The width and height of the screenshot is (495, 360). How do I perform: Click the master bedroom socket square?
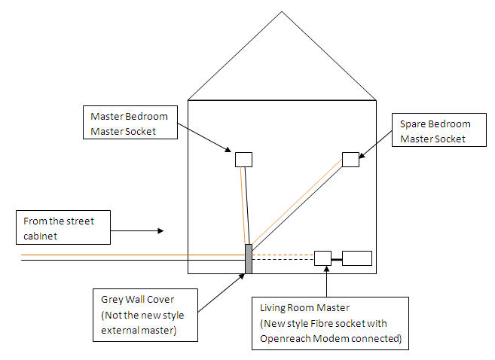pyautogui.click(x=243, y=159)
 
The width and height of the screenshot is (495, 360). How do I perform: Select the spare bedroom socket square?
pyautogui.click(x=350, y=159)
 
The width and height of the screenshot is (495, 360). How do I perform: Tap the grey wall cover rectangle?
pyautogui.click(x=248, y=258)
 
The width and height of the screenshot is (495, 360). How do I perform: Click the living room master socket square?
pyautogui.click(x=322, y=258)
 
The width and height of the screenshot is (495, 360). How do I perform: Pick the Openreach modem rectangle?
pyautogui.click(x=357, y=258)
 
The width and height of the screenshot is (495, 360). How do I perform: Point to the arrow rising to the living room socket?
pyautogui.click(x=325, y=282)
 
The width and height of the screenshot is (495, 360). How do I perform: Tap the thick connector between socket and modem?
pyautogui.click(x=337, y=258)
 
